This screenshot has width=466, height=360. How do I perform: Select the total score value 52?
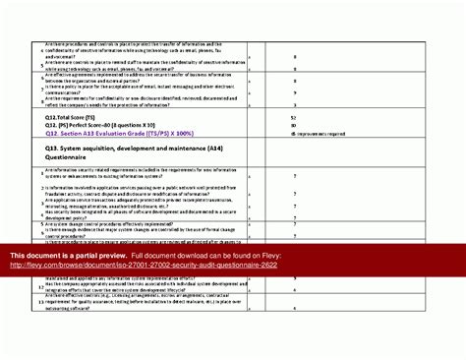tap(293, 116)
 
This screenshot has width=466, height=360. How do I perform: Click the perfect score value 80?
tap(293, 125)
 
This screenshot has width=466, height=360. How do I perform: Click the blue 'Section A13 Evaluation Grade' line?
tap(117, 134)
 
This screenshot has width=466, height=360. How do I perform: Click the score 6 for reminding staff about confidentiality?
tap(293, 65)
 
